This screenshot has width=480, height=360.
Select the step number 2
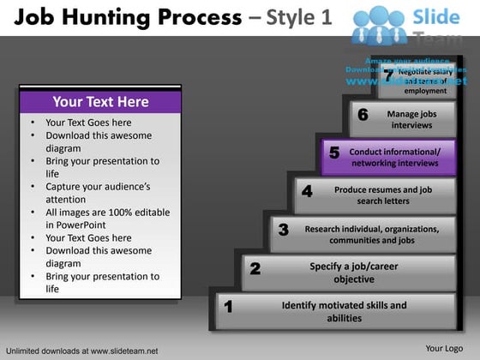pyautogui.click(x=255, y=269)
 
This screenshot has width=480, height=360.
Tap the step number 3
pyautogui.click(x=283, y=230)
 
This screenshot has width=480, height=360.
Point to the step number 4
pyautogui.click(x=307, y=192)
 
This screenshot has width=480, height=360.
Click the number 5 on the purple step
pyautogui.click(x=334, y=153)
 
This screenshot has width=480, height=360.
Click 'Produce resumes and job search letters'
pyautogui.click(x=382, y=195)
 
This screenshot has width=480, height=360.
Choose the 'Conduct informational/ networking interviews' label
pyautogui.click(x=395, y=157)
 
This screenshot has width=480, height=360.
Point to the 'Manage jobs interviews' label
pyautogui.click(x=411, y=119)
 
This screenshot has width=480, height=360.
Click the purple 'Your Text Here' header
pyautogui.click(x=100, y=102)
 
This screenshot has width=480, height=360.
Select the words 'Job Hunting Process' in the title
pyautogui.click(x=126, y=17)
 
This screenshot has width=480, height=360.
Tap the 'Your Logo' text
pyautogui.click(x=444, y=348)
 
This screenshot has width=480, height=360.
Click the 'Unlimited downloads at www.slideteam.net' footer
pyautogui.click(x=81, y=351)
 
